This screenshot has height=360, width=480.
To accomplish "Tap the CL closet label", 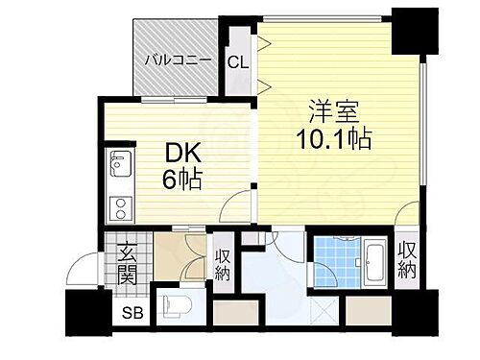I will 238,63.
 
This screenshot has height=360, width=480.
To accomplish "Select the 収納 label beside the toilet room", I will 223,263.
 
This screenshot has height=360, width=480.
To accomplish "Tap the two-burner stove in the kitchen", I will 119,207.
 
